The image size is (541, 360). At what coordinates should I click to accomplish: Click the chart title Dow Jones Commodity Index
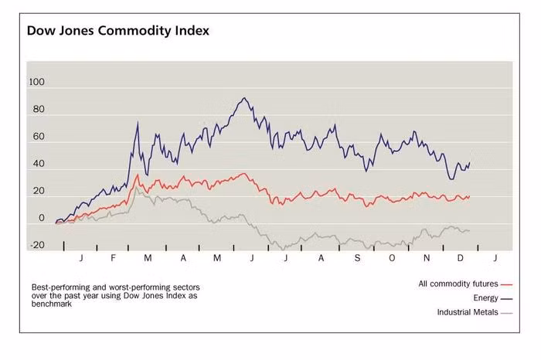click(117, 31)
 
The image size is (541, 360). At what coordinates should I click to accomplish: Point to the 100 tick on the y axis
click(36, 83)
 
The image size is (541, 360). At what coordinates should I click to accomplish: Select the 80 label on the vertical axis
click(39, 110)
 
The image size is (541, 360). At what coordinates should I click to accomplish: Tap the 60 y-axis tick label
click(39, 138)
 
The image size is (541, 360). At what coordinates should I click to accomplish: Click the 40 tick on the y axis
click(39, 165)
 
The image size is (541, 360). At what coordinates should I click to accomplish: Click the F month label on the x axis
click(113, 256)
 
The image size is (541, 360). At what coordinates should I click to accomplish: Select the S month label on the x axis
click(357, 256)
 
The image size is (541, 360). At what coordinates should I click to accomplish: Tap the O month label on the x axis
click(392, 256)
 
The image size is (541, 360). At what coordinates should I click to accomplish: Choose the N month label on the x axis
click(427, 256)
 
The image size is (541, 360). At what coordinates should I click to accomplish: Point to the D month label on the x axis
click(461, 256)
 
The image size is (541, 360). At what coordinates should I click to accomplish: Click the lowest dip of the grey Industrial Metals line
click(284, 249)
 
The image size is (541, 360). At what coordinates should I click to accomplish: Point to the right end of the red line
click(469, 196)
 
